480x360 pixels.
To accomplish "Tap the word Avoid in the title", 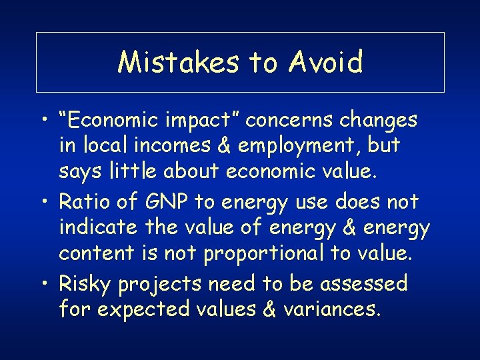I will coord(326,62).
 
